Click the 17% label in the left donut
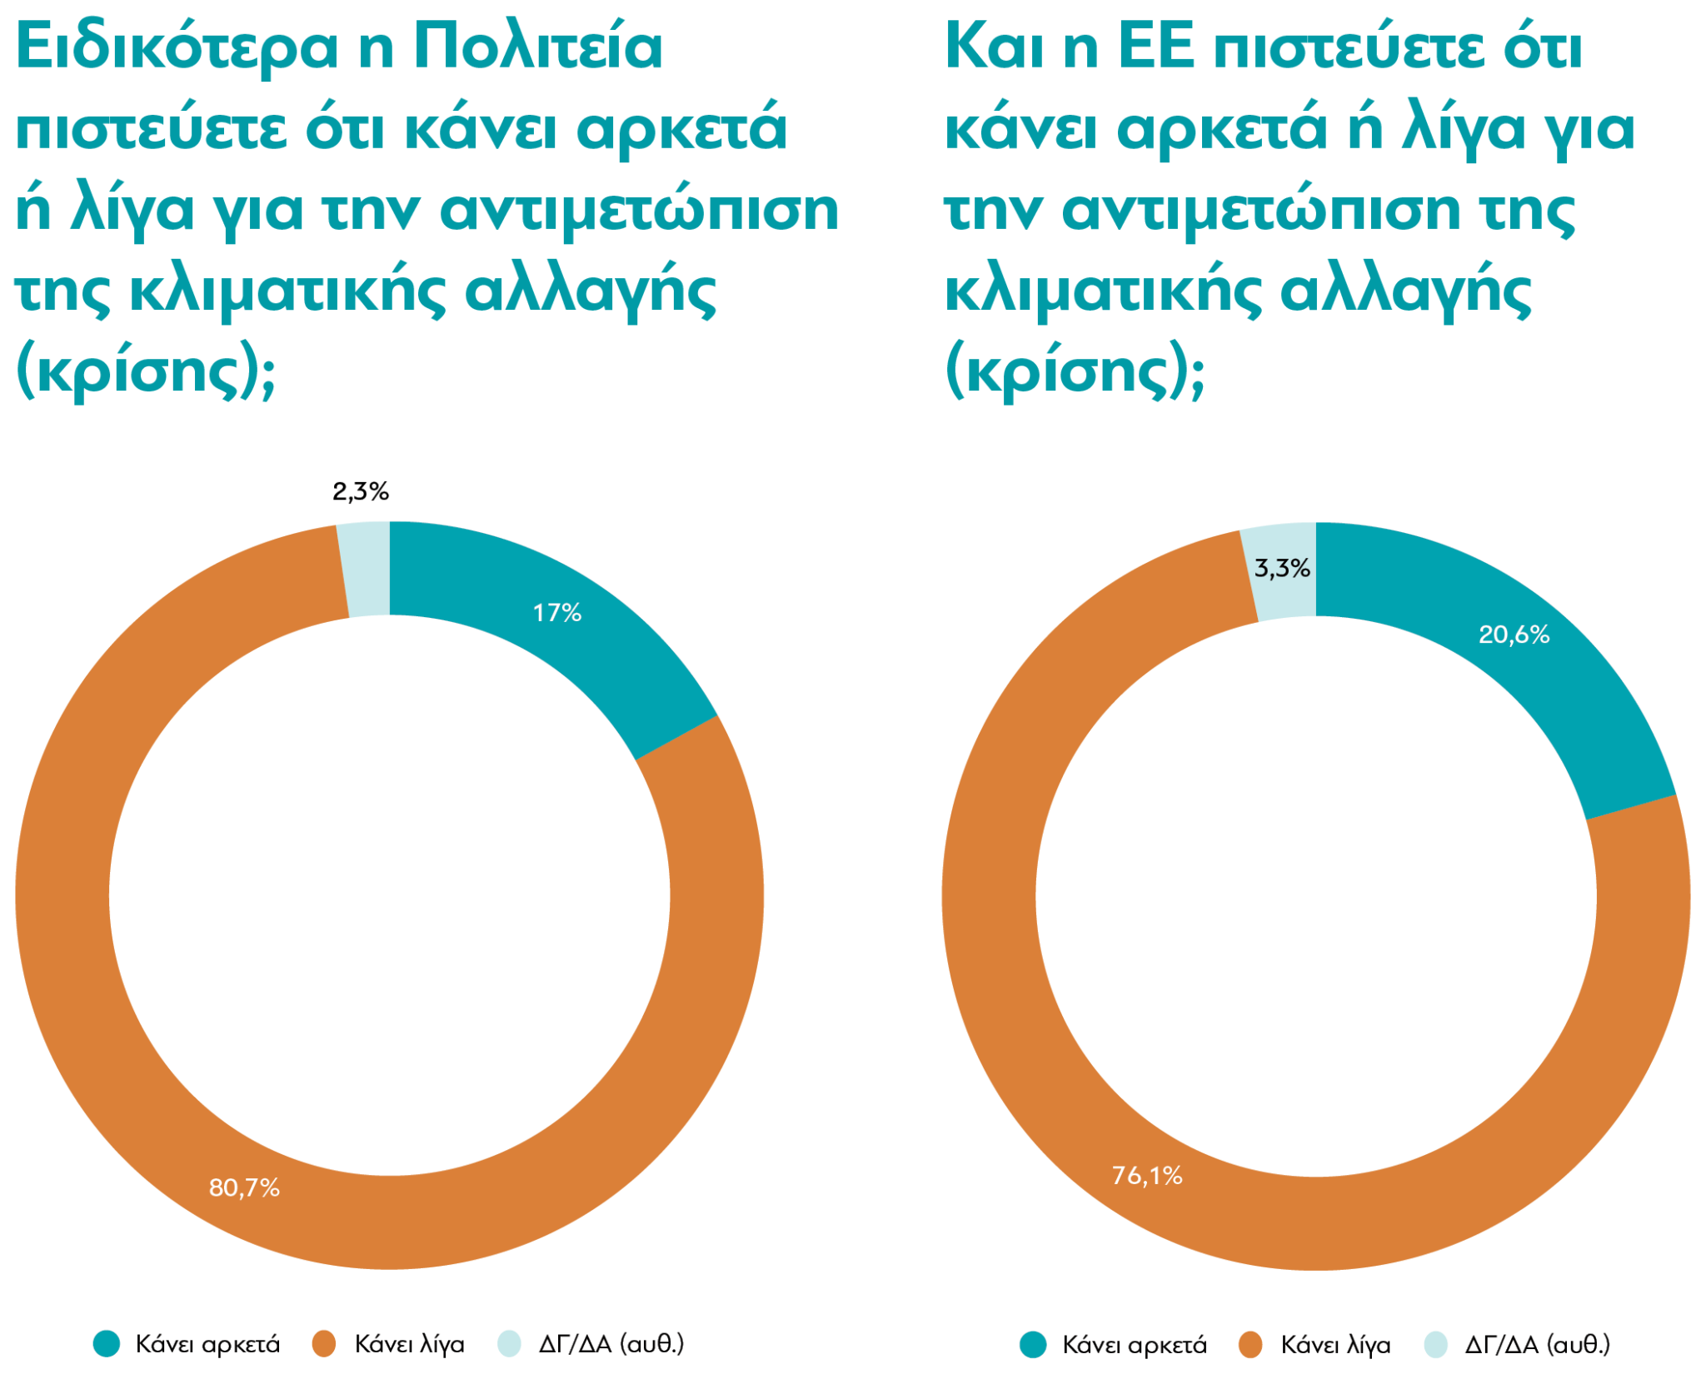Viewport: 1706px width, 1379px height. point(556,613)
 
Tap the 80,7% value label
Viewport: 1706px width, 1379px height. point(244,1187)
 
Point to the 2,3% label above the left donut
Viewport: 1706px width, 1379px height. point(361,491)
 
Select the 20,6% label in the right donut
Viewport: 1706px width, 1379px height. point(1514,635)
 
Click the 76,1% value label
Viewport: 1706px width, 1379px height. point(1147,1175)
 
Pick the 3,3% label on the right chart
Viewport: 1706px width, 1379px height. point(1282,568)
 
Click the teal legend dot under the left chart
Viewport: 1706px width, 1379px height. point(107,1343)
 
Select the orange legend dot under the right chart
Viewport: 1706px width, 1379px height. point(1250,1344)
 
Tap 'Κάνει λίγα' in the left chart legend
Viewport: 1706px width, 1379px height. point(409,1344)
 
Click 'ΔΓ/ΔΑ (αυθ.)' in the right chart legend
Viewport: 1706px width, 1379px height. point(1537,1344)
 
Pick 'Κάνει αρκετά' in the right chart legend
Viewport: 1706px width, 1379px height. point(1134,1344)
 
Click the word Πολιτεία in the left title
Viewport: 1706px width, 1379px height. point(538,47)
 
